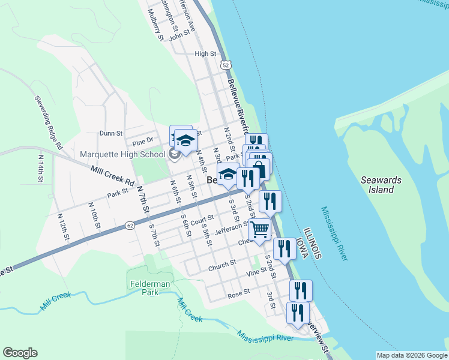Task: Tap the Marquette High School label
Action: (122, 155)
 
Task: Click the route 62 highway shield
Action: (130, 225)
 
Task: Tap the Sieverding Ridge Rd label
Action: (48, 122)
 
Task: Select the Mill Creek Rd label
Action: (113, 175)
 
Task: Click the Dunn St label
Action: (111, 133)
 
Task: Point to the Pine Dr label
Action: (143, 142)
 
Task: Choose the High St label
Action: (205, 54)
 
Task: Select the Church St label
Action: (222, 265)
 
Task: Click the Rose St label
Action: (238, 295)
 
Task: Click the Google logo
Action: (20, 353)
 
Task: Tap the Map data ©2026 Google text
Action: (412, 356)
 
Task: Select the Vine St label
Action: (256, 272)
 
